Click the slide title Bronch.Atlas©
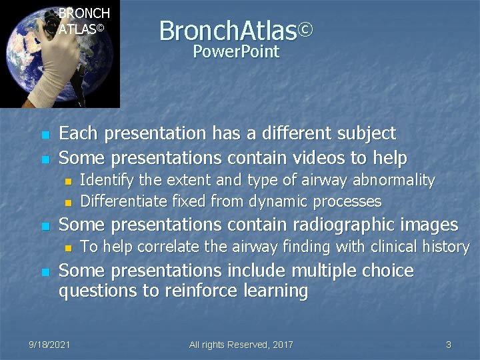235,30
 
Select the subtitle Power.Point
235,52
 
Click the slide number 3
449,345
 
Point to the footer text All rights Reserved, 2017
241,345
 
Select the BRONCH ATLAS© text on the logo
83,21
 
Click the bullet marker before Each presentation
45,135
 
